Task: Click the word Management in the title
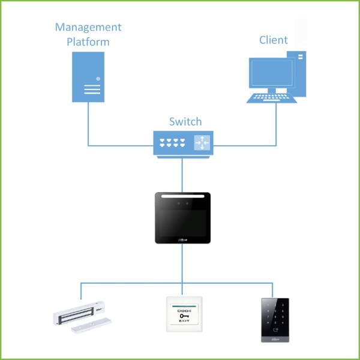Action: coord(88,28)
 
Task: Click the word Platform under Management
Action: coord(88,42)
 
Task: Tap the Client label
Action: coord(273,40)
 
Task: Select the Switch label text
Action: coord(185,121)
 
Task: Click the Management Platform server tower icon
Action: coord(88,77)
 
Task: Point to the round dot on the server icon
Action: coord(98,79)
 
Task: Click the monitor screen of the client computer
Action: coord(272,73)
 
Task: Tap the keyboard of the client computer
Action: coord(272,98)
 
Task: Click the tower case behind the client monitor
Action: coord(297,73)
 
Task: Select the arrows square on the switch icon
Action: coord(202,143)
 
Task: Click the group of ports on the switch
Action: coord(172,143)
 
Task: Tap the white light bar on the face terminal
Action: coord(183,196)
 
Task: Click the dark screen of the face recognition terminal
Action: coord(183,223)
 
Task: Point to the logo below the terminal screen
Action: coord(183,240)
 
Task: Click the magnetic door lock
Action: coord(82,317)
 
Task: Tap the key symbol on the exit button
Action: coord(184,316)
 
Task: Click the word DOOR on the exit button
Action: coord(184,311)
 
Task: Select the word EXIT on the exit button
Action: coord(184,320)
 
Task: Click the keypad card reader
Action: coord(275,320)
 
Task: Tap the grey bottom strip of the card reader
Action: coord(275,340)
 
